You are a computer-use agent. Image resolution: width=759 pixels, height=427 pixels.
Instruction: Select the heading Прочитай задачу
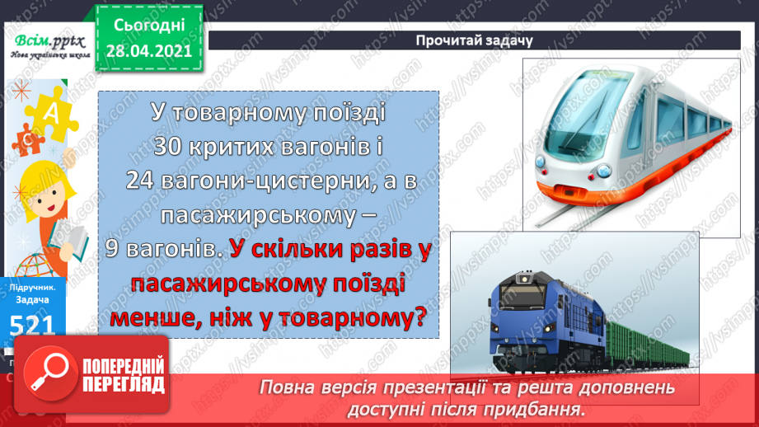474,40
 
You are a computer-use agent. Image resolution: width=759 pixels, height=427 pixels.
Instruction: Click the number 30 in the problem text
171,145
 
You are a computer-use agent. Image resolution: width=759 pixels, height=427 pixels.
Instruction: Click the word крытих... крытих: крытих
236,145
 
